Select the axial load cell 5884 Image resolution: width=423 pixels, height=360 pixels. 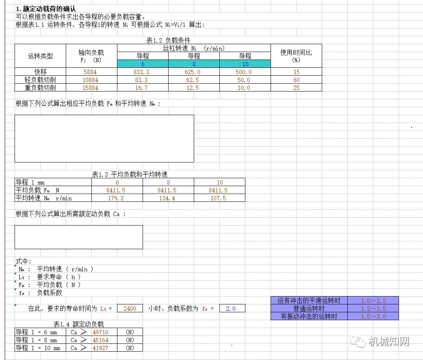(x=90, y=72)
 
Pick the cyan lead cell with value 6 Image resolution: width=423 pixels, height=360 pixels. (x=143, y=64)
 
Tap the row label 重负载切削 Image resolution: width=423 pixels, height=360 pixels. (x=40, y=88)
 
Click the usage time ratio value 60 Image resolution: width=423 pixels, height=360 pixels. (x=296, y=80)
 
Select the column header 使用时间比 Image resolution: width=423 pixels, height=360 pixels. (x=296, y=56)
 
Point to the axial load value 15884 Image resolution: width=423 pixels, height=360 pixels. (x=90, y=88)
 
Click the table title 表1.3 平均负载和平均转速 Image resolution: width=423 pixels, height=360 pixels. (x=130, y=174)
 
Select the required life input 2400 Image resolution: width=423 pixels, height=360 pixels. (x=130, y=309)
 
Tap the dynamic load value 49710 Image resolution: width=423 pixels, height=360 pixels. (x=100, y=332)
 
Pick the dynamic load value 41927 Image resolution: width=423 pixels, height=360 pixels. (x=100, y=348)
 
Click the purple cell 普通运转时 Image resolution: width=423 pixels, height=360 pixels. (x=309, y=308)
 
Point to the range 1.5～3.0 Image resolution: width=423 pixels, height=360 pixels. (x=373, y=316)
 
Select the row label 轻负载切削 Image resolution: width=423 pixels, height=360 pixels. (x=40, y=80)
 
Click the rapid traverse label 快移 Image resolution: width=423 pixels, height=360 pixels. (x=40, y=72)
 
